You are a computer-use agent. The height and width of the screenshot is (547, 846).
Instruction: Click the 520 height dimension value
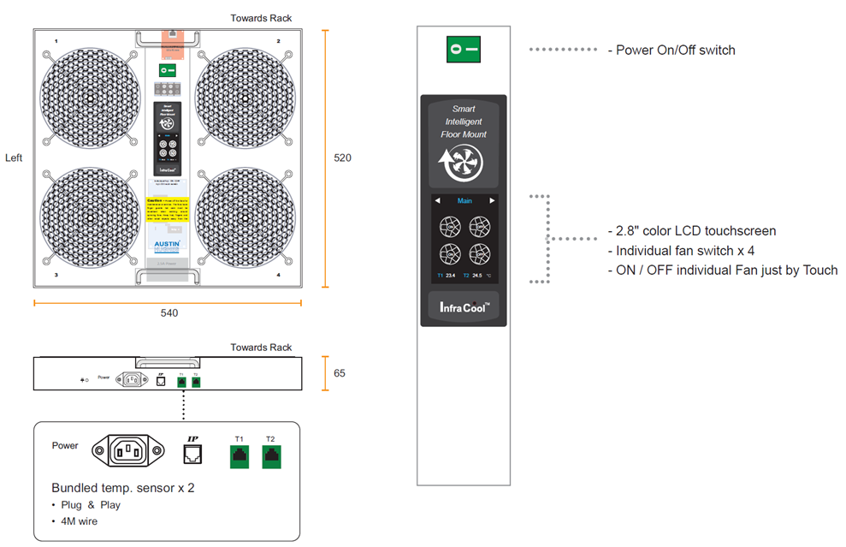click(342, 158)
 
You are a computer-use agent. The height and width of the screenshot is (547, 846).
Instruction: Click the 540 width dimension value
click(169, 313)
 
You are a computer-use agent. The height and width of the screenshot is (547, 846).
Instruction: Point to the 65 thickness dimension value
click(340, 374)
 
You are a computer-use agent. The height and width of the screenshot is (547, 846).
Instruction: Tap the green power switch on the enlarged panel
click(463, 50)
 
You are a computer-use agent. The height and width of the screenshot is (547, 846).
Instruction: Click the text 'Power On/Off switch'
click(675, 51)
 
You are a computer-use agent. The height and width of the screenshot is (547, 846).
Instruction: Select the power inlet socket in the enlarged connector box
click(128, 450)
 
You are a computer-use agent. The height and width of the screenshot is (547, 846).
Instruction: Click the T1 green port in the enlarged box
click(239, 456)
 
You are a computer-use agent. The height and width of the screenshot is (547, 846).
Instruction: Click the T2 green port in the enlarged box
click(270, 456)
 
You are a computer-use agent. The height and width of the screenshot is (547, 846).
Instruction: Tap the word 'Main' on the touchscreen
click(464, 201)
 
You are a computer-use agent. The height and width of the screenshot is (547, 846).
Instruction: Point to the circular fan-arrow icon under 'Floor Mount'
click(463, 166)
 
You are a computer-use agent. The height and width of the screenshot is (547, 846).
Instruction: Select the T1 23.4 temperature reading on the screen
click(446, 276)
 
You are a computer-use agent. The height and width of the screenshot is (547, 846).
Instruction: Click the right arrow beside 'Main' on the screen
click(492, 201)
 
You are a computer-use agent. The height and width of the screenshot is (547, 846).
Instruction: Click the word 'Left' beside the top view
click(14, 158)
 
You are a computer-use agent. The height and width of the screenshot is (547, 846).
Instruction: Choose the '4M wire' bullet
click(79, 520)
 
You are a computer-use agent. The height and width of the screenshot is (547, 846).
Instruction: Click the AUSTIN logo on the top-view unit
click(167, 244)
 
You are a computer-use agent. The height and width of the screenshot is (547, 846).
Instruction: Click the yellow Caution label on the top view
click(167, 208)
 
